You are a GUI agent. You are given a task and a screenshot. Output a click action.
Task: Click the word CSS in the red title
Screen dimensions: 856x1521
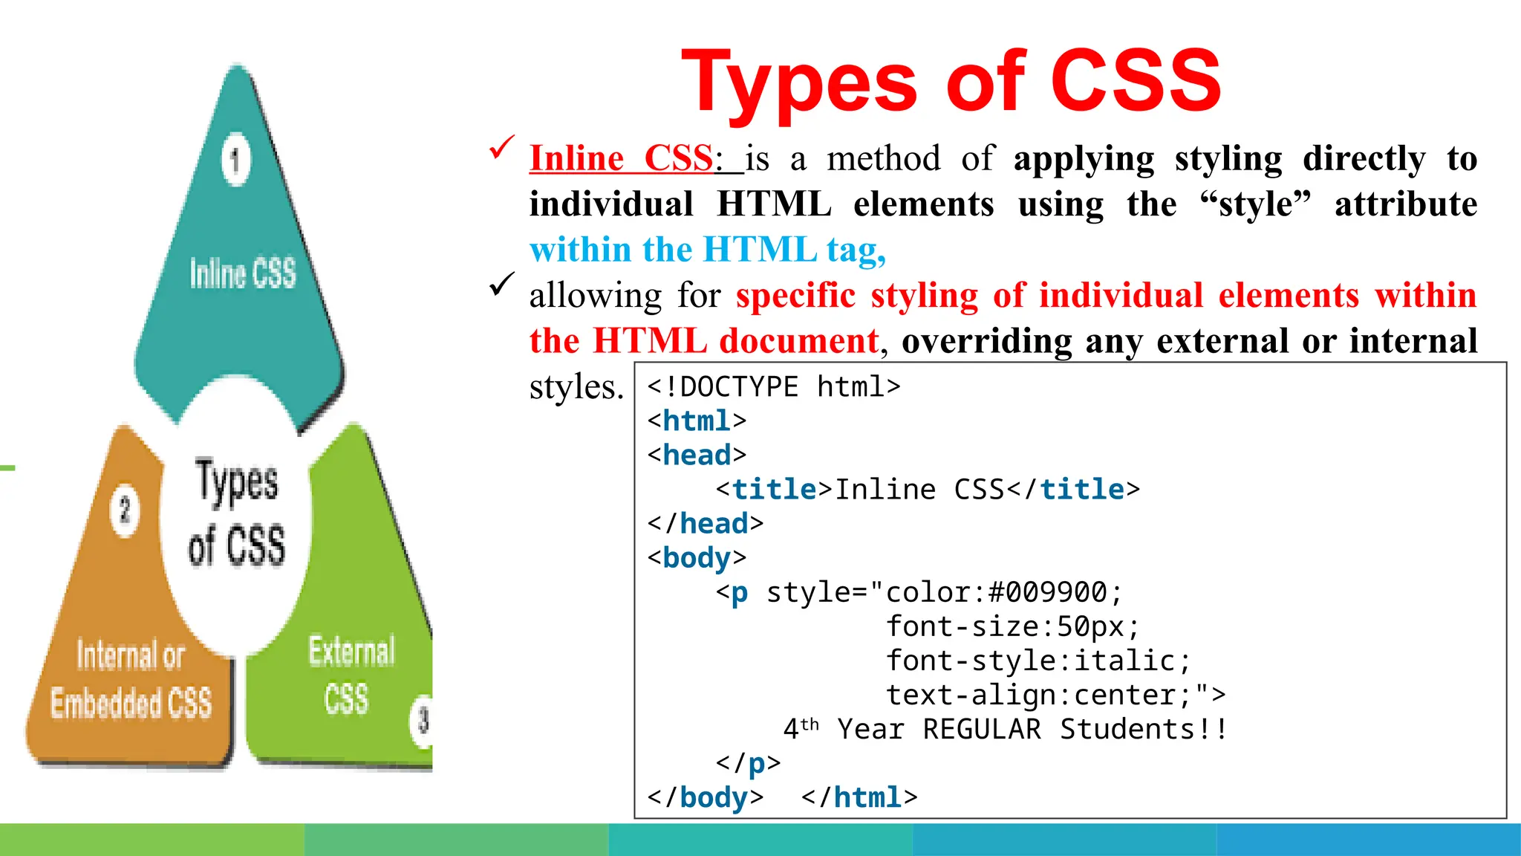click(x=1136, y=80)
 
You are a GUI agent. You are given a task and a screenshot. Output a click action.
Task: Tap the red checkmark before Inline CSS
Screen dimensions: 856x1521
click(x=502, y=147)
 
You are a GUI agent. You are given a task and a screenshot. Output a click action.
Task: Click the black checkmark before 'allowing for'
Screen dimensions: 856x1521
click(x=502, y=284)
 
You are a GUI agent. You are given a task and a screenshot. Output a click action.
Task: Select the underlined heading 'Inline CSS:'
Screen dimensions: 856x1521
click(x=624, y=158)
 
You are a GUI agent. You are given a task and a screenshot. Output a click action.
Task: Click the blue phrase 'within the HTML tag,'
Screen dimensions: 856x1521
click(x=707, y=250)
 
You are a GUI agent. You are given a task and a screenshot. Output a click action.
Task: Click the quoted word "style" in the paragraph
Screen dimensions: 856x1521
click(x=1255, y=204)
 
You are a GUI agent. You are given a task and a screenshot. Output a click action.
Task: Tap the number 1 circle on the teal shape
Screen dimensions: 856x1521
click(x=236, y=160)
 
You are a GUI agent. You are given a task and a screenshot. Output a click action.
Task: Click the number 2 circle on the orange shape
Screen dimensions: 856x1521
click(x=125, y=510)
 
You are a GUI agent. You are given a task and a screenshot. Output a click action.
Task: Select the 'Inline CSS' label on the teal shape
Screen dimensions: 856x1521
click(x=243, y=273)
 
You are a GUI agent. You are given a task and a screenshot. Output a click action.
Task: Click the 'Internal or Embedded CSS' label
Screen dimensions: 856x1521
click(x=131, y=679)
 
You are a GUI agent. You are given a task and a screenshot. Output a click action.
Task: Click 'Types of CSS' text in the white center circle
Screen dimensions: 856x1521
click(x=236, y=513)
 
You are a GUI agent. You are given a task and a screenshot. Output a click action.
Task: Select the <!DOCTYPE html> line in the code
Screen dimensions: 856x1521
click(x=773, y=386)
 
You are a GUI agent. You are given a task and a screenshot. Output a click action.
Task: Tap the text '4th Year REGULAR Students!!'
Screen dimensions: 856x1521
click(x=1004, y=729)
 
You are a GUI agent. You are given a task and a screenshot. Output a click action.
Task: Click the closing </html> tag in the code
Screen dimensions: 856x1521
click(x=859, y=797)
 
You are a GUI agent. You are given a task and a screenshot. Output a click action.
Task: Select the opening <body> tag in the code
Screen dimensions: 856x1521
click(x=697, y=558)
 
